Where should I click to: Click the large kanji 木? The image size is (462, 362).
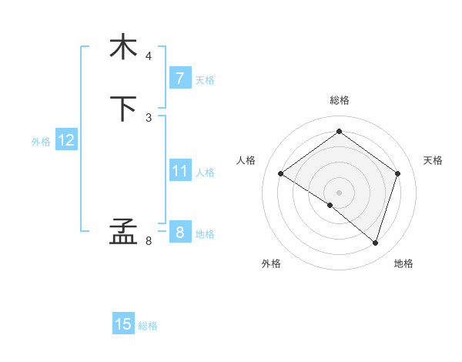click(124, 47)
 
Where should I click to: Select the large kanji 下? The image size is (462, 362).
click(124, 109)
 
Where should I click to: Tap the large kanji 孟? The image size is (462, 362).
click(124, 232)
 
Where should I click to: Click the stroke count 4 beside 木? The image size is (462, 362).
click(149, 56)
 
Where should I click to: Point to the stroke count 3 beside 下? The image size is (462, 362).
click(149, 118)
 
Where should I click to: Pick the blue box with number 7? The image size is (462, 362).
click(179, 79)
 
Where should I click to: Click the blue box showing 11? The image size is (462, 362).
click(179, 171)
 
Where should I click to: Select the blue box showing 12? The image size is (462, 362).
click(66, 140)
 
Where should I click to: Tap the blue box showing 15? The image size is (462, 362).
click(123, 324)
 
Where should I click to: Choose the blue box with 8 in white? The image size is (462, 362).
click(179, 233)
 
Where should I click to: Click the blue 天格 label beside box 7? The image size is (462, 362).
click(205, 80)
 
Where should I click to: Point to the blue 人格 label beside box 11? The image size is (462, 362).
click(205, 173)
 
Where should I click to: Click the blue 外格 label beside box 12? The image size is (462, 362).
click(41, 142)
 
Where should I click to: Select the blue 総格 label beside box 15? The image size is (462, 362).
click(148, 326)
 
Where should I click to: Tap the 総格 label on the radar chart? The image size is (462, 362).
click(339, 100)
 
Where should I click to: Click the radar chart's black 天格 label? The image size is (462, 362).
click(433, 160)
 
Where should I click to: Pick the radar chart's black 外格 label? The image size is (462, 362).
click(271, 264)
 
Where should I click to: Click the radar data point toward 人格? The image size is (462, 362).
click(281, 174)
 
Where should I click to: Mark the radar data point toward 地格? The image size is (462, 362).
click(375, 243)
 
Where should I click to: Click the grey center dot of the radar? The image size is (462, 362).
click(339, 192)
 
